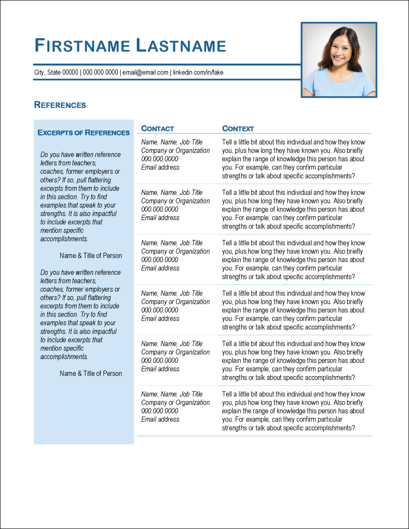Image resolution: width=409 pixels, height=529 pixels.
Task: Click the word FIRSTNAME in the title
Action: point(82,46)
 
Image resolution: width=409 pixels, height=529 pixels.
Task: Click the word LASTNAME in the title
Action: point(181,46)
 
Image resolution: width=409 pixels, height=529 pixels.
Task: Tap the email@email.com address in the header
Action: point(145,72)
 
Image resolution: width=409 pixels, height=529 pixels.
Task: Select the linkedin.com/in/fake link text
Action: point(198,72)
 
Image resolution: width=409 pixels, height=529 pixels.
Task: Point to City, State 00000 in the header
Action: point(56,72)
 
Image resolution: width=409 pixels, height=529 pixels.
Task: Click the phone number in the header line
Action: point(100,72)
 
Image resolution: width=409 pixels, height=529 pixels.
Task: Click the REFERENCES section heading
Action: point(60,105)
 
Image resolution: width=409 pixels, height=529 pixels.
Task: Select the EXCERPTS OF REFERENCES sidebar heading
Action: point(84,133)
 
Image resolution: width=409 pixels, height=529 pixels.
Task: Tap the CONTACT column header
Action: point(157,128)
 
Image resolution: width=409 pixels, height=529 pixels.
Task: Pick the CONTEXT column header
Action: point(238,128)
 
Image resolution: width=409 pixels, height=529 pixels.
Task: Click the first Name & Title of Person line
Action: point(91,256)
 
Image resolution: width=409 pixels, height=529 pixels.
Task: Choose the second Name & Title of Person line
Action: point(91,373)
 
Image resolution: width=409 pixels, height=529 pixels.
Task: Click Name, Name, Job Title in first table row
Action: point(172,142)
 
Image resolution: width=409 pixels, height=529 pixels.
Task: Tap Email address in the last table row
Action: point(160,419)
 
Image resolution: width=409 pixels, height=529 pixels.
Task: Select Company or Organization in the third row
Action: point(175,251)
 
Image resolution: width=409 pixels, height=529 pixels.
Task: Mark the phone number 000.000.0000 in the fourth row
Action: point(160,310)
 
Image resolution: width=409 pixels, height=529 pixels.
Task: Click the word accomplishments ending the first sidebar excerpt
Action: point(64,239)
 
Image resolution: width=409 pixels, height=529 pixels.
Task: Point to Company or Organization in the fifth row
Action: point(175,352)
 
